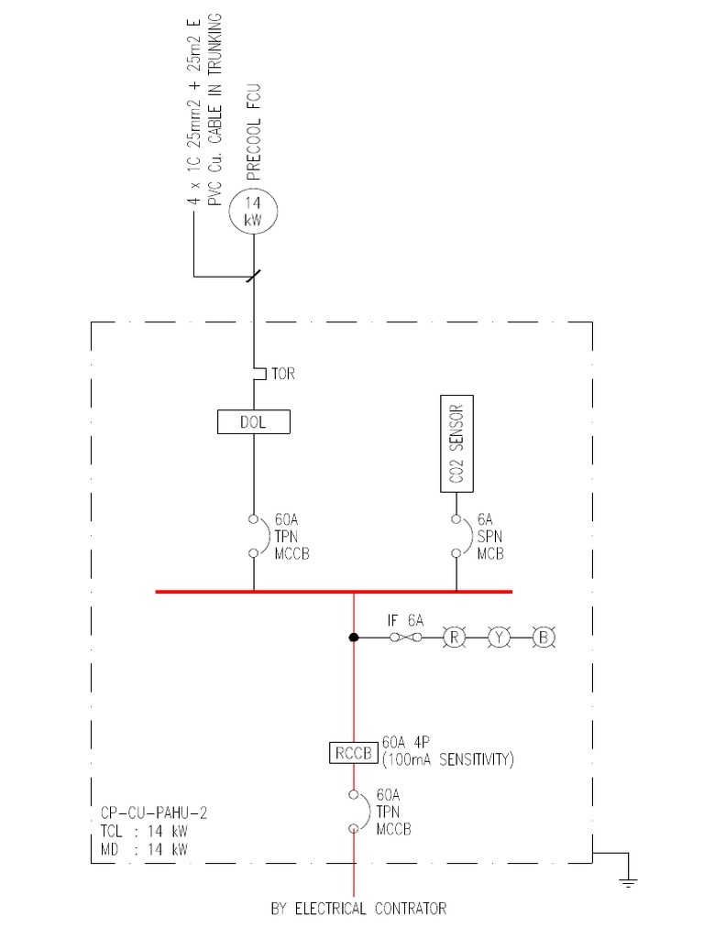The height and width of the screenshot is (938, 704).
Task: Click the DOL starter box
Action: [x=253, y=421]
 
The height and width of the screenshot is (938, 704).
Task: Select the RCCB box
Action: [x=353, y=753]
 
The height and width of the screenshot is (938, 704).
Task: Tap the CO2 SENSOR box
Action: [x=456, y=445]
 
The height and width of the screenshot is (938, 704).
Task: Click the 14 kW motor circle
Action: [x=253, y=213]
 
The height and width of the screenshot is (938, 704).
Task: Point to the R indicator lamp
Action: [x=453, y=637]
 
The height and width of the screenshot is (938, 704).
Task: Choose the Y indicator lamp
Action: [x=499, y=637]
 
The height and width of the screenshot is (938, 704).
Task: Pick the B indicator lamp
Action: [x=544, y=637]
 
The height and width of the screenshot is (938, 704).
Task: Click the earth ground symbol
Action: [x=627, y=880]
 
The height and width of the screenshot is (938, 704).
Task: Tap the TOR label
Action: [x=283, y=375]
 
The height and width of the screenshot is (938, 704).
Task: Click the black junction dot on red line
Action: [x=354, y=637]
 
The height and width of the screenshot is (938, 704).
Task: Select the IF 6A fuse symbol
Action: [x=406, y=637]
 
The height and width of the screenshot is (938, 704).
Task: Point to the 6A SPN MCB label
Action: [x=489, y=536]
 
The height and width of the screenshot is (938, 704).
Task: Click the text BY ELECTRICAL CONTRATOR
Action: [x=358, y=909]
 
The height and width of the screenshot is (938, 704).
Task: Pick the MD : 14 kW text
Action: [x=145, y=849]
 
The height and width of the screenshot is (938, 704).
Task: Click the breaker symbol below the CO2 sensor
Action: [x=456, y=536]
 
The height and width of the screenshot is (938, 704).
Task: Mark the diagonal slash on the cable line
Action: [x=253, y=275]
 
